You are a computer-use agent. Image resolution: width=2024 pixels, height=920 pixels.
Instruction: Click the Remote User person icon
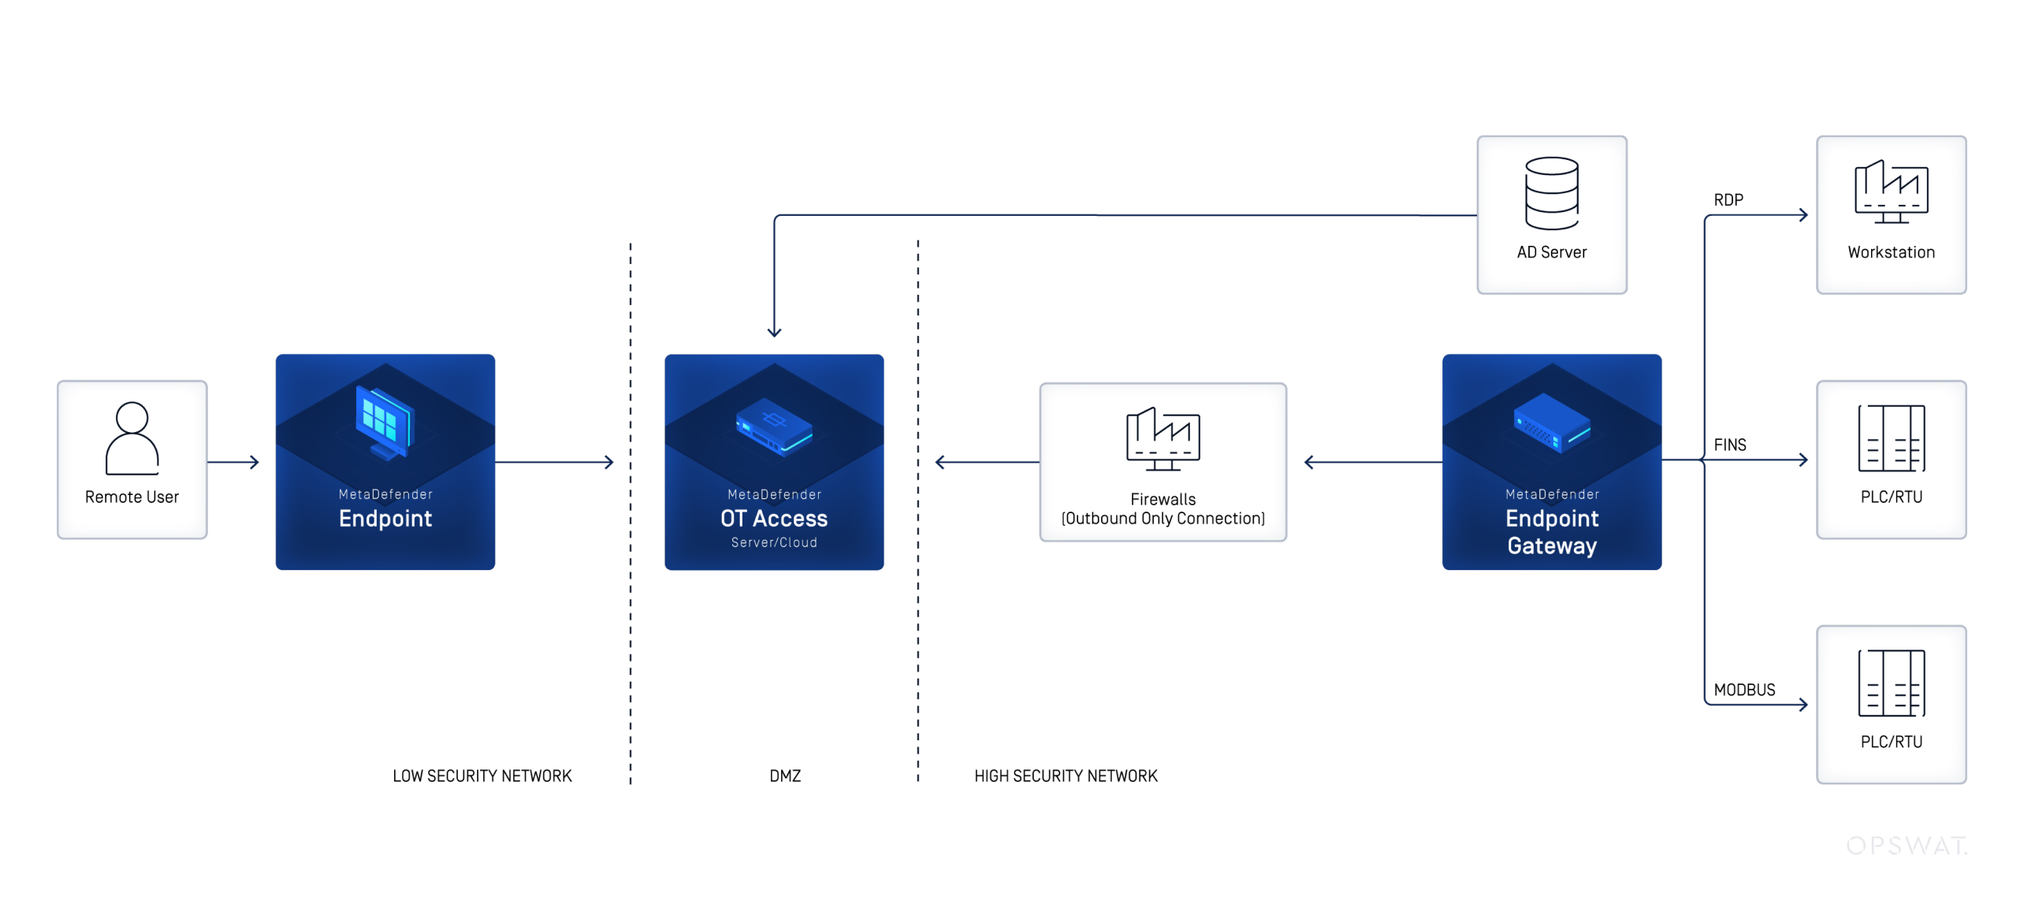pyautogui.click(x=132, y=438)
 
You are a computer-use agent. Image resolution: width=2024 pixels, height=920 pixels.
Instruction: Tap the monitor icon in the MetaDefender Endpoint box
pyautogui.click(x=384, y=422)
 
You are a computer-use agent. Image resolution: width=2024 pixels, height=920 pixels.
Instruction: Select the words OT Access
pyautogui.click(x=773, y=518)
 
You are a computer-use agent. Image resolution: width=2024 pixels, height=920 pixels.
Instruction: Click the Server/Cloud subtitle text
pyautogui.click(x=773, y=542)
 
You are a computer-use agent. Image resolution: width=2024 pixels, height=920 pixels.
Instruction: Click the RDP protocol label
pyautogui.click(x=1728, y=199)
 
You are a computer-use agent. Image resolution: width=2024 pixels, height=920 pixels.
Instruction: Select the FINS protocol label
pyautogui.click(x=1729, y=445)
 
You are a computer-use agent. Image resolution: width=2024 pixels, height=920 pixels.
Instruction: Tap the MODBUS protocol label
pyautogui.click(x=1743, y=690)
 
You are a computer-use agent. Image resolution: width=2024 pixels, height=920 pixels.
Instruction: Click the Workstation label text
pyautogui.click(x=1890, y=252)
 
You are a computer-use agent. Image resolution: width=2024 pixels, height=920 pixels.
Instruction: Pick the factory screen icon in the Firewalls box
pyautogui.click(x=1163, y=438)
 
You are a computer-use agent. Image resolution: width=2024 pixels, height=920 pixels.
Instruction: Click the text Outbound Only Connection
pyautogui.click(x=1163, y=519)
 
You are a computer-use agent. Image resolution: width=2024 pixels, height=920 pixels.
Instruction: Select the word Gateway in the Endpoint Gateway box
pyautogui.click(x=1551, y=546)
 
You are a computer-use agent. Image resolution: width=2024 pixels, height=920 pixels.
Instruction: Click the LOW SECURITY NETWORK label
pyautogui.click(x=482, y=776)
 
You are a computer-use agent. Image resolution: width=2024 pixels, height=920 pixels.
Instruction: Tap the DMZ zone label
pyautogui.click(x=784, y=776)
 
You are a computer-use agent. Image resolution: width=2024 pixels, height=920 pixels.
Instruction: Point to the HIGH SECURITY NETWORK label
pyautogui.click(x=1065, y=776)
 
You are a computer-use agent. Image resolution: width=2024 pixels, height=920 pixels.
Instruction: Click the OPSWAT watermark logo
pyautogui.click(x=1906, y=845)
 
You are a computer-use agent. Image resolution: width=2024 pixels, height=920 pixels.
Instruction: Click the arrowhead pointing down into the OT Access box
pyautogui.click(x=774, y=331)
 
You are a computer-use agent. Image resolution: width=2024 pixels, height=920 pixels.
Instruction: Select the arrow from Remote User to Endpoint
pyautogui.click(x=233, y=462)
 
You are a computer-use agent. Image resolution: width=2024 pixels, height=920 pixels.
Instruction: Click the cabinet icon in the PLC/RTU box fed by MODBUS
pyautogui.click(x=1890, y=683)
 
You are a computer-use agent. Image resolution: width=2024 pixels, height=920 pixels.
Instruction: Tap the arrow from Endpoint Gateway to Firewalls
pyautogui.click(x=1371, y=462)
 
